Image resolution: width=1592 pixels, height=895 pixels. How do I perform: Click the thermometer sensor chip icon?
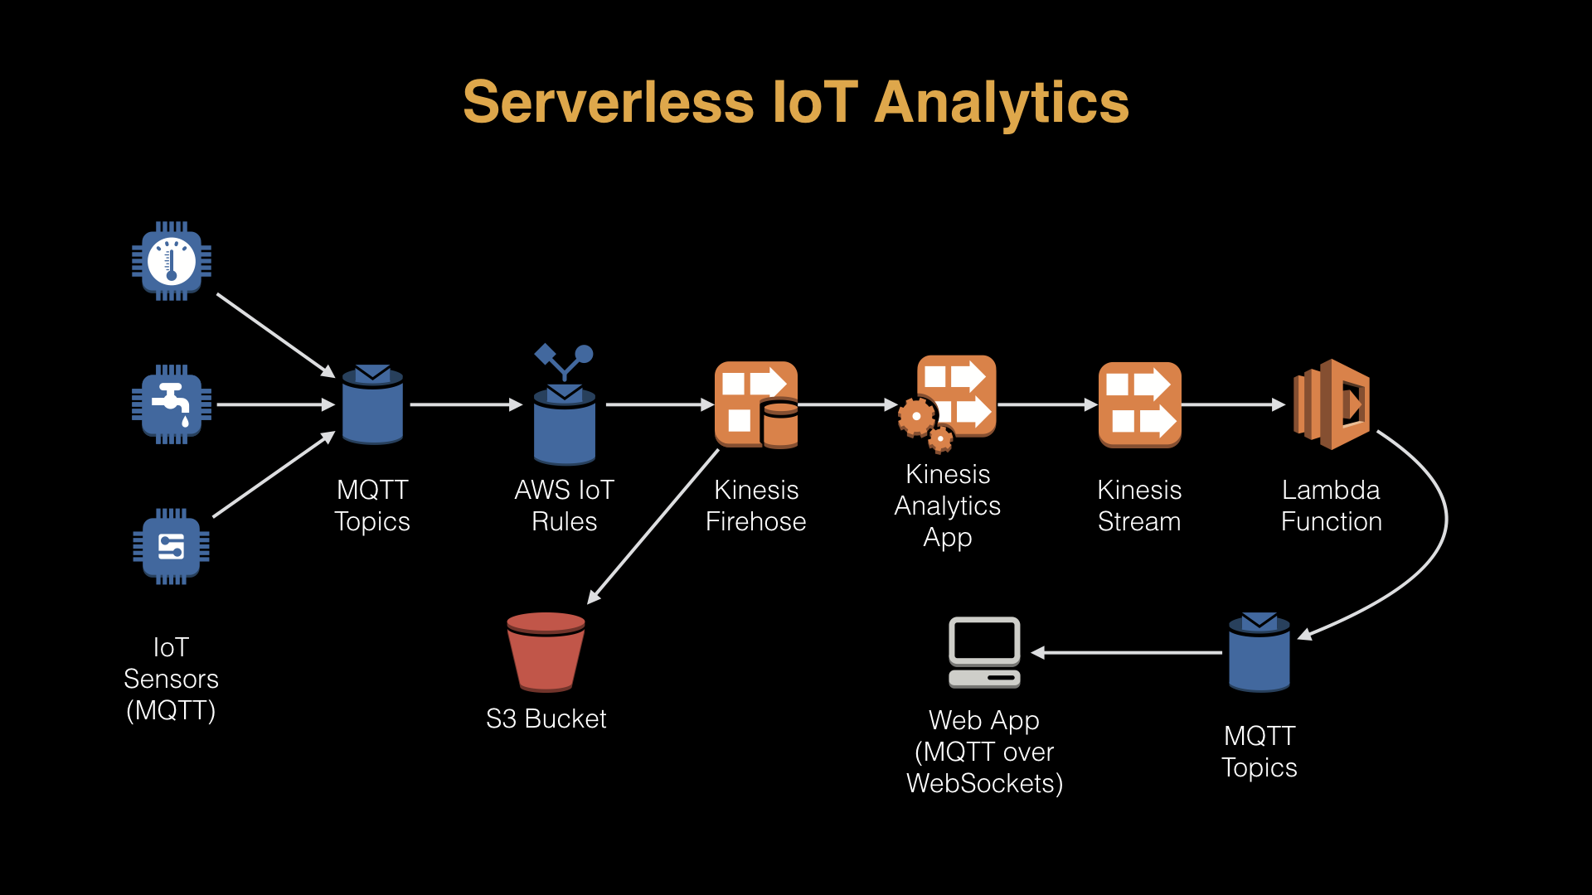pyautogui.click(x=172, y=261)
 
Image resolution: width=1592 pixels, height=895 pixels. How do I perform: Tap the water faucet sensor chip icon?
pyautogui.click(x=172, y=404)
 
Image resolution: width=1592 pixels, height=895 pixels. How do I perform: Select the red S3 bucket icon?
pyautogui.click(x=546, y=652)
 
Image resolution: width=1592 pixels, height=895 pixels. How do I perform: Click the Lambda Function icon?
pyautogui.click(x=1332, y=404)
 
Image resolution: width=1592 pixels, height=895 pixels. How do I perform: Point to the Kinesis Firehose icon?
pyautogui.click(x=756, y=404)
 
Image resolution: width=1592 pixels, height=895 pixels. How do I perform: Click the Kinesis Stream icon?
pyautogui.click(x=1140, y=404)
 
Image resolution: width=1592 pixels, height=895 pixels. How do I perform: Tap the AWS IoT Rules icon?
pyautogui.click(x=565, y=404)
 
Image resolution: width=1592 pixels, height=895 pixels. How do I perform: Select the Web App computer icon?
pyautogui.click(x=984, y=652)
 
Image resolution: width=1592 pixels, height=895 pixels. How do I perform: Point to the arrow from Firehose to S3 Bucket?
pyautogui.click(x=653, y=526)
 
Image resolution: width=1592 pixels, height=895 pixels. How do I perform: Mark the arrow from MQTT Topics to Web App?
pyautogui.click(x=1126, y=653)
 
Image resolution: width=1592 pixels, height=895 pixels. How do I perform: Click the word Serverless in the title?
pyautogui.click(x=608, y=103)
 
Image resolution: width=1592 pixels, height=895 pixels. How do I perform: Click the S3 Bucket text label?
pyautogui.click(x=546, y=718)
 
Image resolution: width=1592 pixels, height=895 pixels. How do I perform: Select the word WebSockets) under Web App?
pyautogui.click(x=984, y=783)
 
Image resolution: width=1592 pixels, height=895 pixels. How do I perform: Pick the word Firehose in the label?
pyautogui.click(x=755, y=521)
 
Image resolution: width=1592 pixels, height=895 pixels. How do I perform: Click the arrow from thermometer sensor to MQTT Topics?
pyautogui.click(x=275, y=335)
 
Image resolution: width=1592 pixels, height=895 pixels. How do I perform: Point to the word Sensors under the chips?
pyautogui.click(x=171, y=679)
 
